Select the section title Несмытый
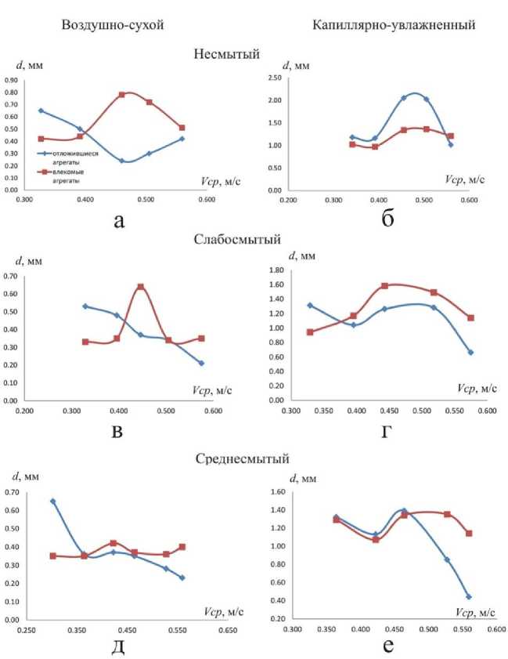227,54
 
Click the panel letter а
119,220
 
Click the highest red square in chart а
122,95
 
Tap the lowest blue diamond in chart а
122,161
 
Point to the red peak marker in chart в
141,287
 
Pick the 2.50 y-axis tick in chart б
277,78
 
